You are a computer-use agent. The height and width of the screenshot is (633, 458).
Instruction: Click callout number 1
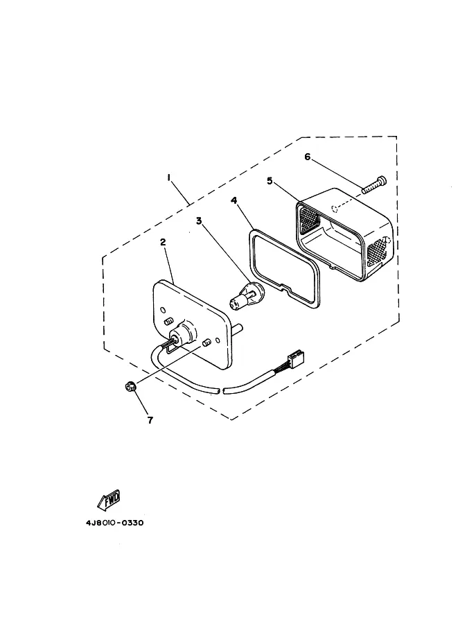click(x=169, y=177)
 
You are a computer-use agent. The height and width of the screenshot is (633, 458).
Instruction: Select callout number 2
click(x=163, y=242)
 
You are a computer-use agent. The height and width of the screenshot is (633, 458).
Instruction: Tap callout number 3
click(x=199, y=221)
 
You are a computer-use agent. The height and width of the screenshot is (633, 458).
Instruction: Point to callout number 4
click(x=234, y=200)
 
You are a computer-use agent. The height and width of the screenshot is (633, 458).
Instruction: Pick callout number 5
click(x=270, y=180)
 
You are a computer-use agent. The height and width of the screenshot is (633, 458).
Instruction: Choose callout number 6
click(x=308, y=157)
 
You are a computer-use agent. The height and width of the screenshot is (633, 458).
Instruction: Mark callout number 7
click(x=150, y=420)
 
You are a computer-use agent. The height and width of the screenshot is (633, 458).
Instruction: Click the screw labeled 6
click(x=374, y=184)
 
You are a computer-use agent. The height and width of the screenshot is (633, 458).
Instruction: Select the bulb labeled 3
click(x=246, y=296)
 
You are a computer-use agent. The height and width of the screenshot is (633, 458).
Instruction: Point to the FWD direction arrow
click(x=109, y=500)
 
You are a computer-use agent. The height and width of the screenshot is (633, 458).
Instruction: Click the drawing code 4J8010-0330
click(x=114, y=523)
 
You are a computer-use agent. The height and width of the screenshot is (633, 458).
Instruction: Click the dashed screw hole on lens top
click(x=335, y=209)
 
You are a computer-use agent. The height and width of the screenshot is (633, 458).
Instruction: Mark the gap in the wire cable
click(x=221, y=391)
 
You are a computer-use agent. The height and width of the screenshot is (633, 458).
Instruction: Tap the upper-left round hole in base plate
click(x=163, y=310)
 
